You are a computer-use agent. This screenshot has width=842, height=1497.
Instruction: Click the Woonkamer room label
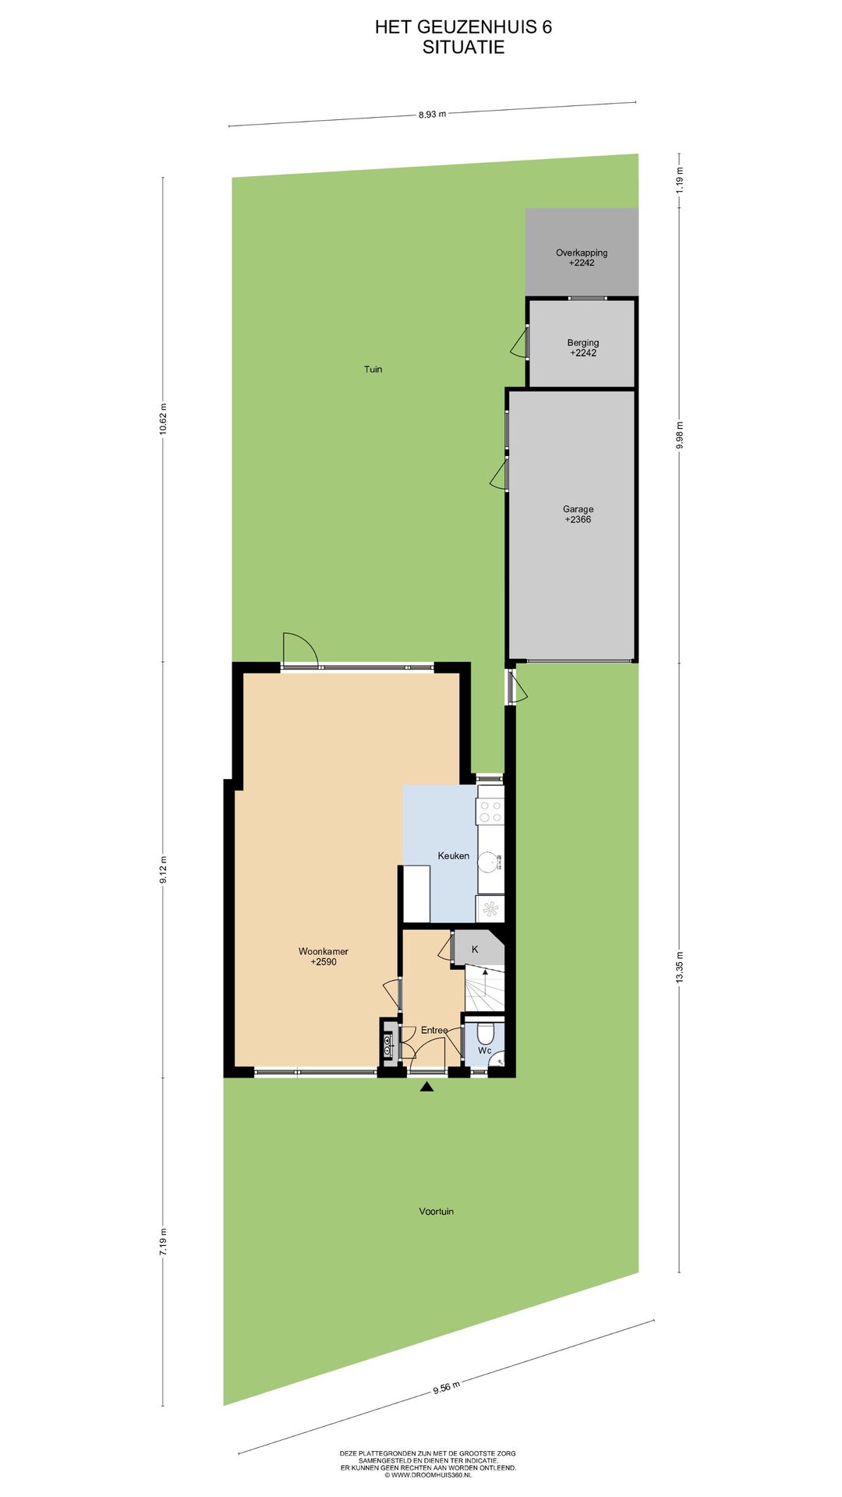click(x=323, y=951)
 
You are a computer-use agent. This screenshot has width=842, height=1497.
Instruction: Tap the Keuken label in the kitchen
click(x=453, y=856)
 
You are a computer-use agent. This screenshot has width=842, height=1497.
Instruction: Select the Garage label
click(x=578, y=509)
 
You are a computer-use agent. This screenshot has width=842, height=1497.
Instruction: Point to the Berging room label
click(x=583, y=343)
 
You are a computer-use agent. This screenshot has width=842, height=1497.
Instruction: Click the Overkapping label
click(x=582, y=253)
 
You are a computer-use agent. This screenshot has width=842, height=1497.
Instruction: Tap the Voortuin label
click(x=436, y=1212)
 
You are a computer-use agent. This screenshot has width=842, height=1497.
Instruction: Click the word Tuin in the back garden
click(x=373, y=370)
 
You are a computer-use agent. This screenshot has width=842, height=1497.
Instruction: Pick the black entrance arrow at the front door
click(x=426, y=1087)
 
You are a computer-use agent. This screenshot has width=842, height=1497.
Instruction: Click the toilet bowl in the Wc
click(x=485, y=1034)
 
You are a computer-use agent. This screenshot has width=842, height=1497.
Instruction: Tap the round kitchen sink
click(x=488, y=862)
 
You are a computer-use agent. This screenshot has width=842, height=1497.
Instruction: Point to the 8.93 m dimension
click(x=432, y=114)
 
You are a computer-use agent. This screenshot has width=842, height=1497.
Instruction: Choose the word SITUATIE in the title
click(x=463, y=48)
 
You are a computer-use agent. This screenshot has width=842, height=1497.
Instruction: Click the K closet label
click(x=475, y=950)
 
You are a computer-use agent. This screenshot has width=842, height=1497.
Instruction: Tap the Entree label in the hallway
click(x=434, y=1031)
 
